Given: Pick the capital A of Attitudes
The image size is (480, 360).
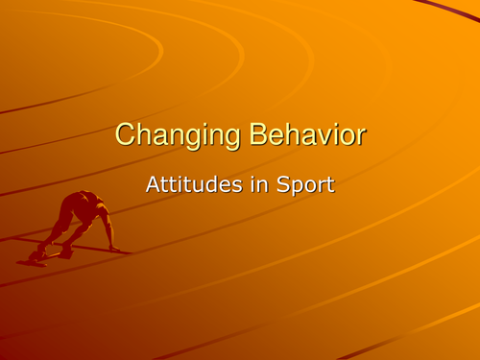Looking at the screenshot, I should click(x=152, y=183).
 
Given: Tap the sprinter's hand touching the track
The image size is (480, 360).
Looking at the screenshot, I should click(x=115, y=249).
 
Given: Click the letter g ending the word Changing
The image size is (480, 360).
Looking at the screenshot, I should click(x=226, y=138).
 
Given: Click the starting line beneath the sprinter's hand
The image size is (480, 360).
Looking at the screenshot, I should click(x=120, y=252).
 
